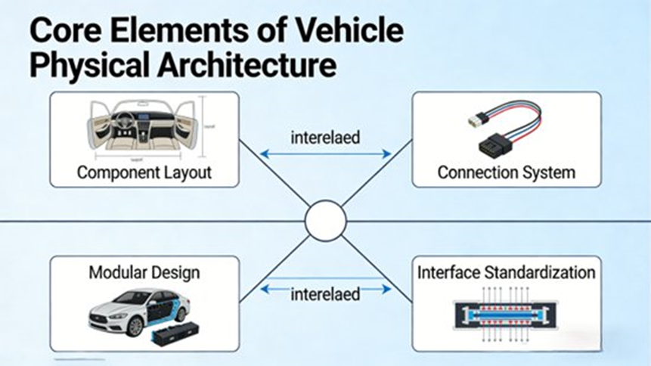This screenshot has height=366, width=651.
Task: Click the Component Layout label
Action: [x=144, y=172]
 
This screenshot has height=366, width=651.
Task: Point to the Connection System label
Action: [x=506, y=172]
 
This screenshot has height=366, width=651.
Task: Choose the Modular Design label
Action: [x=144, y=271]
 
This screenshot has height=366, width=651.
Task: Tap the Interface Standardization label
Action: [x=506, y=271]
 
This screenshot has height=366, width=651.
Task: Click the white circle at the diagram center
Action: [x=325, y=221]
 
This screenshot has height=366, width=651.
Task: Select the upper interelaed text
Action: [x=326, y=138]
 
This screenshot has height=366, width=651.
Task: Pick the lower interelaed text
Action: [x=326, y=294]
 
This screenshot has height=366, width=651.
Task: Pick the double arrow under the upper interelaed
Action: [x=326, y=154]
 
